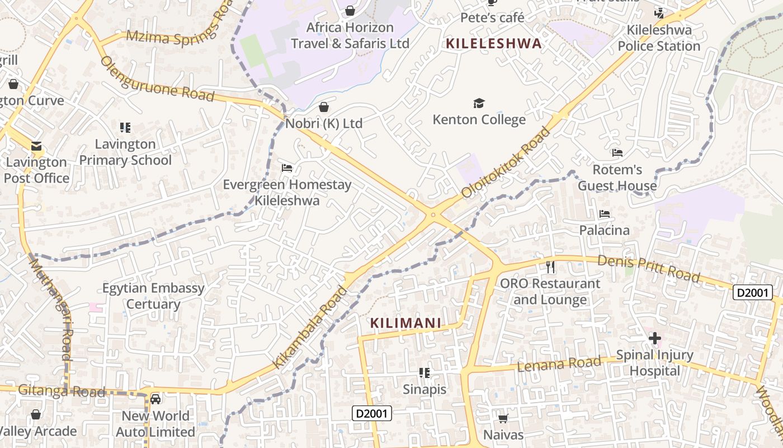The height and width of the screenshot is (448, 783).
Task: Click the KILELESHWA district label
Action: [494, 43]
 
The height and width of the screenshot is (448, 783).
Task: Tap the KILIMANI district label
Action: [405, 323]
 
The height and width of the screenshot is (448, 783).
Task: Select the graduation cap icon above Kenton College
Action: [479, 103]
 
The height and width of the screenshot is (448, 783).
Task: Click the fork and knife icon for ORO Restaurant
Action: [550, 267]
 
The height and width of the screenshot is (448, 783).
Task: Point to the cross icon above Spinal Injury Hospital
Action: [654, 338]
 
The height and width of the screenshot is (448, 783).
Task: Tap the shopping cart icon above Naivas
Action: [503, 418]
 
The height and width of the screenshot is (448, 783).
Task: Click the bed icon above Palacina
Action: [604, 214]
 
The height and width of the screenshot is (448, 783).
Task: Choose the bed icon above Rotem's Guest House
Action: [617, 153]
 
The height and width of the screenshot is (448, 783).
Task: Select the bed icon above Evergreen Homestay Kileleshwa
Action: [287, 167]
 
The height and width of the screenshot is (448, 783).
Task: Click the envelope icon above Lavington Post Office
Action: [36, 146]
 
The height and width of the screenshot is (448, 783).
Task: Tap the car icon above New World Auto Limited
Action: [155, 399]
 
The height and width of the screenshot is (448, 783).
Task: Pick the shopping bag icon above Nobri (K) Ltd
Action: [324, 107]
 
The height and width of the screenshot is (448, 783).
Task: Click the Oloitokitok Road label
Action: [506, 163]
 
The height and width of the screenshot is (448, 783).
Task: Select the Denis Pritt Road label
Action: [648, 268]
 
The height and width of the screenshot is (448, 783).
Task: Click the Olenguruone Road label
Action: [157, 79]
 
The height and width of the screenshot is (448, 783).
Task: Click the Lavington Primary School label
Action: [125, 152]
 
